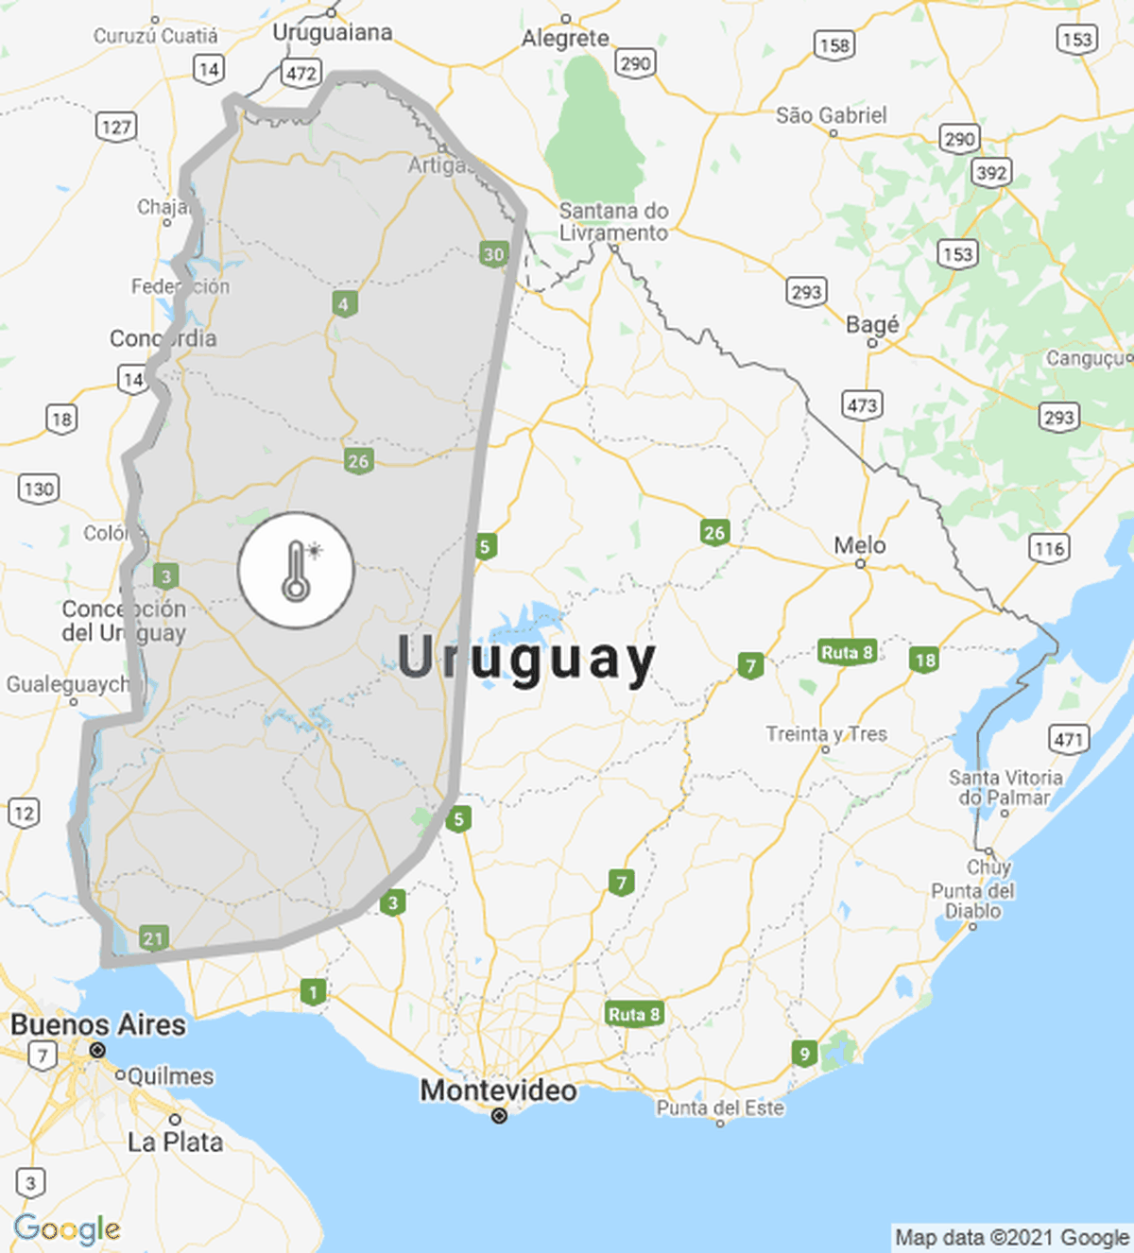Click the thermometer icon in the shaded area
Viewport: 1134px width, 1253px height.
296,571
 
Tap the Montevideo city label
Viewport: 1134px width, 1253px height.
498,1090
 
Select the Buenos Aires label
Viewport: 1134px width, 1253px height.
98,1025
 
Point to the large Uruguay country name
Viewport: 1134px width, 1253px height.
525,659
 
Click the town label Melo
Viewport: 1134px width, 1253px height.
860,545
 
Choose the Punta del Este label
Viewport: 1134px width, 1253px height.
720,1107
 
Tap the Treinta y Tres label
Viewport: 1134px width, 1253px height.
826,734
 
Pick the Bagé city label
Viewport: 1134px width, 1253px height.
872,325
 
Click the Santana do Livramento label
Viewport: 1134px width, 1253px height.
613,222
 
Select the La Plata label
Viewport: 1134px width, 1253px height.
176,1141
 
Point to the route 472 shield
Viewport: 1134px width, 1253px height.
301,73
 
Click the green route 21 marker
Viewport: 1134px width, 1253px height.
153,937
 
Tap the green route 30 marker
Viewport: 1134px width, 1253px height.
493,254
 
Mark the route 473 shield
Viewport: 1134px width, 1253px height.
862,405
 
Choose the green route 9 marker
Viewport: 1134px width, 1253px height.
804,1054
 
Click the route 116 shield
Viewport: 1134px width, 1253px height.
1049,548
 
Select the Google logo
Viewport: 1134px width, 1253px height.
67,1228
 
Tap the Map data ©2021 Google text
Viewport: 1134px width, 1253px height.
1011,1238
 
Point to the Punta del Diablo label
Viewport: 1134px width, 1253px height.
972,901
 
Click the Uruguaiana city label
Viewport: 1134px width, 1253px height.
332,32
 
